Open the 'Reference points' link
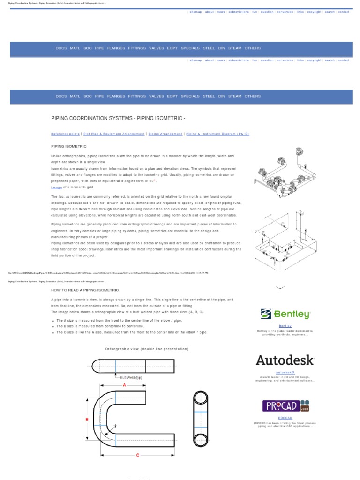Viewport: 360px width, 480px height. [x=65, y=134]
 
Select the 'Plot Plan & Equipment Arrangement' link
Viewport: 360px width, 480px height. [x=114, y=134]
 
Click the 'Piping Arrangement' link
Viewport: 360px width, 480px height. [x=165, y=134]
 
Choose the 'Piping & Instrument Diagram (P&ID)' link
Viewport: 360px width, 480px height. [x=218, y=134]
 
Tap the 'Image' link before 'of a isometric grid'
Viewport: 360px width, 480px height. [x=56, y=187]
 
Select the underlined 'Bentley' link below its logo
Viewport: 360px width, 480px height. [x=285, y=326]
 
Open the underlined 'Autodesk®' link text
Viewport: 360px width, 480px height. [x=285, y=372]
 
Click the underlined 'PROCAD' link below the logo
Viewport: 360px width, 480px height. [x=285, y=418]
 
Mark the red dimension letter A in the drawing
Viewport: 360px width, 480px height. [x=125, y=384]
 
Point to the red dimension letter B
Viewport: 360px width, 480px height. [x=87, y=420]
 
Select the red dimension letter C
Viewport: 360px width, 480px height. [x=137, y=455]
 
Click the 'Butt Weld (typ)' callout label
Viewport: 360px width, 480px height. [x=131, y=377]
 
